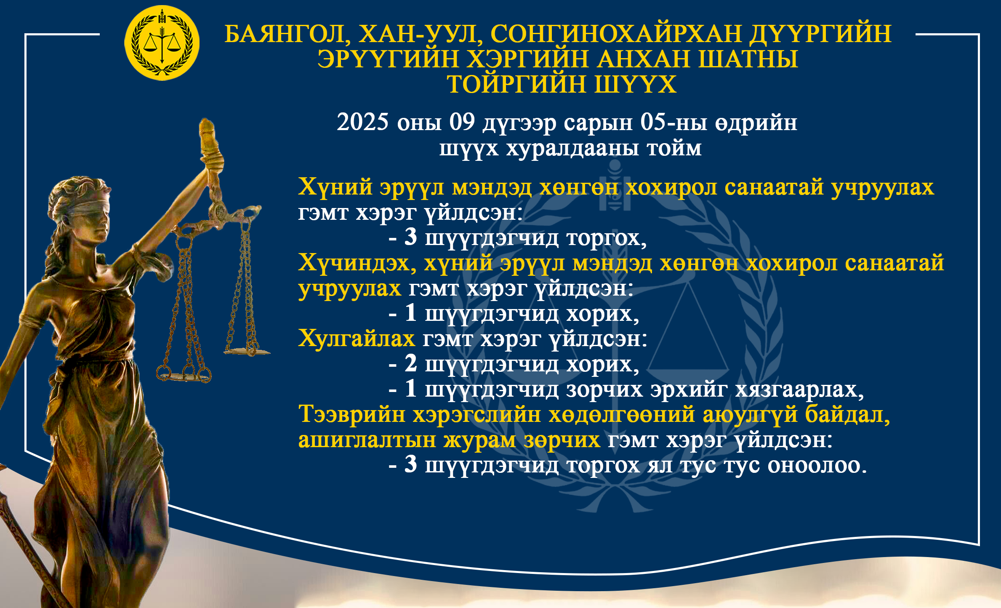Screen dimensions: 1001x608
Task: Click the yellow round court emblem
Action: (x=162, y=43)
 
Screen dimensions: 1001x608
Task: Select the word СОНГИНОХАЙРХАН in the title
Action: (x=616, y=34)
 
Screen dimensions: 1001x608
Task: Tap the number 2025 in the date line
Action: (x=362, y=122)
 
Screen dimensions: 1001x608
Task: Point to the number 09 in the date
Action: (x=462, y=122)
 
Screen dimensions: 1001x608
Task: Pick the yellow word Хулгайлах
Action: (x=357, y=339)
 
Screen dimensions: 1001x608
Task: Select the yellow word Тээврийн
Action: (x=351, y=414)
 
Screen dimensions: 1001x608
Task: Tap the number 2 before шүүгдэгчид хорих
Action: (x=411, y=363)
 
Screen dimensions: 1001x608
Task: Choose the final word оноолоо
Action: (x=817, y=465)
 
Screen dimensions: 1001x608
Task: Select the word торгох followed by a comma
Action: (x=607, y=238)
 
